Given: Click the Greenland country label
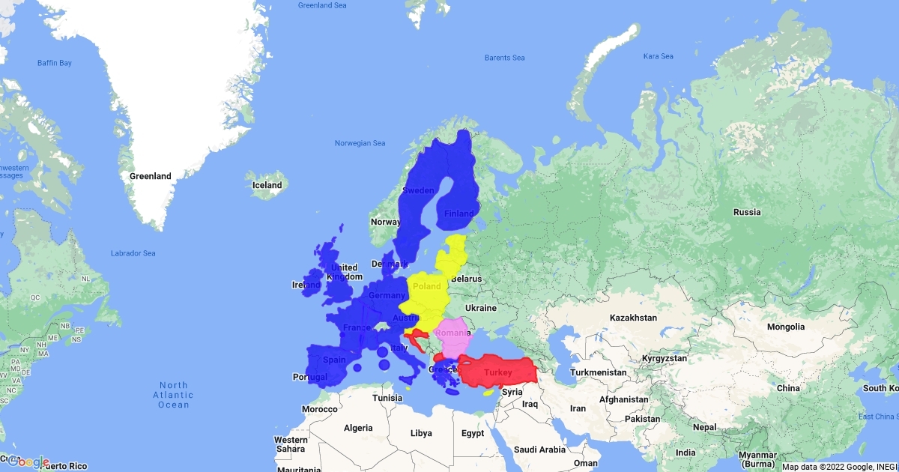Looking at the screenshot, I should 151,177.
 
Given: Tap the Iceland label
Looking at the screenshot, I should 267,185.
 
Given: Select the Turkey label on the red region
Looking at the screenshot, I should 498,373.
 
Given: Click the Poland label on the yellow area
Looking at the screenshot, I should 427,286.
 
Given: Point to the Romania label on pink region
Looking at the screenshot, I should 454,333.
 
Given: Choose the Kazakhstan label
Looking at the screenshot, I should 633,318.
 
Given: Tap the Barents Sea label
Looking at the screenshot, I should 504,58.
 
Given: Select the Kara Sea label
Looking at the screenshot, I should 659,56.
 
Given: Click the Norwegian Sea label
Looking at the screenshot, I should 360,143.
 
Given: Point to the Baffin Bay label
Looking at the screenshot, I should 55,63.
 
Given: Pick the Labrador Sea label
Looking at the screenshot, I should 133,253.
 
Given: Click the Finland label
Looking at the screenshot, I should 459,214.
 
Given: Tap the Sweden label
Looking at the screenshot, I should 418,190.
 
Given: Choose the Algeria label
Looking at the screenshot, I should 358,428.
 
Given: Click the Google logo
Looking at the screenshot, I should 28,462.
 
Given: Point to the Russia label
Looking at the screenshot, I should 747,212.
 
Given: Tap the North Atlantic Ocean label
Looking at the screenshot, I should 174,395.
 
